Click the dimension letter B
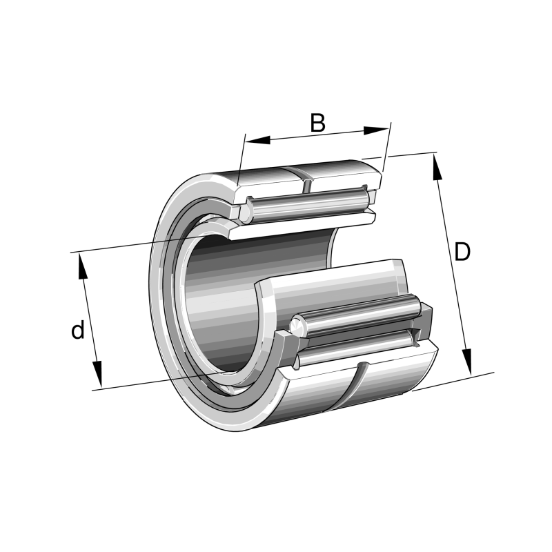pyautogui.click(x=317, y=123)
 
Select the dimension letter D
pyautogui.click(x=462, y=253)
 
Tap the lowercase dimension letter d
pyautogui.click(x=78, y=331)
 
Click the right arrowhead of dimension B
pyautogui.click(x=376, y=129)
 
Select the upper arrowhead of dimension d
pyautogui.click(x=82, y=266)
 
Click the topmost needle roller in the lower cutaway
pyautogui.click(x=359, y=314)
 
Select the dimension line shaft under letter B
pyautogui.click(x=317, y=135)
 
